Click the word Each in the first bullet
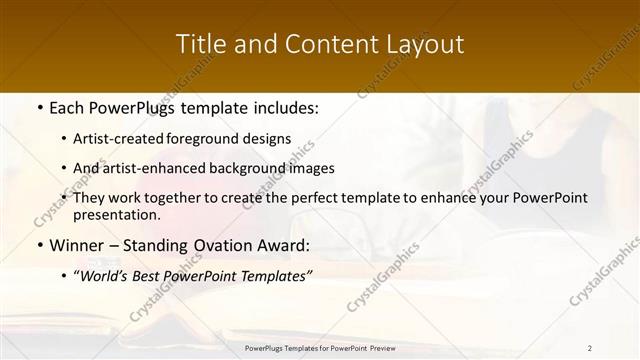tap(67, 108)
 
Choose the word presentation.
tap(116, 214)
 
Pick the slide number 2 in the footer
tap(590, 348)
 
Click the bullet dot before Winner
tap(38, 246)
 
